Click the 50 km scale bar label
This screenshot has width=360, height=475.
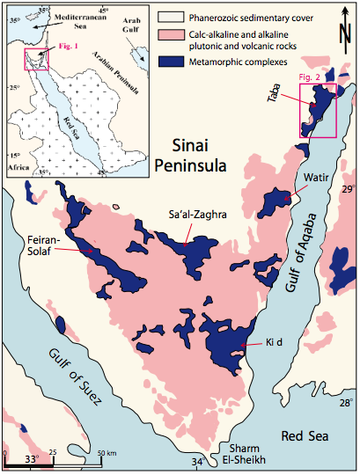click(x=105, y=451)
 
